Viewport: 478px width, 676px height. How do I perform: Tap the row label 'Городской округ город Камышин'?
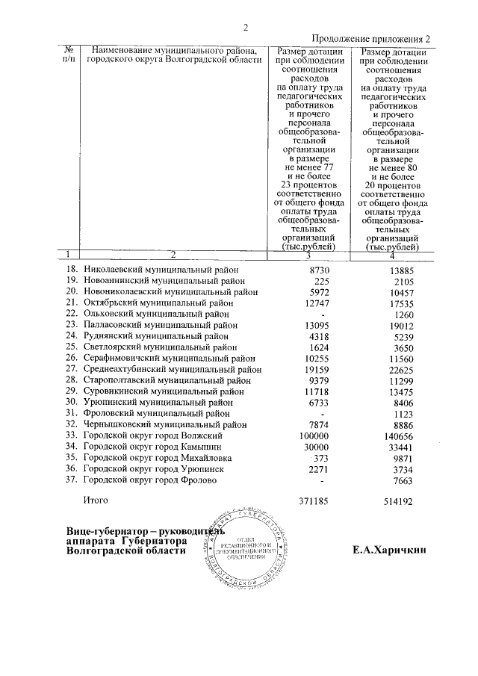click(153, 447)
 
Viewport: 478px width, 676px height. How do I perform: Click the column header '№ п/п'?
click(70, 54)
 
